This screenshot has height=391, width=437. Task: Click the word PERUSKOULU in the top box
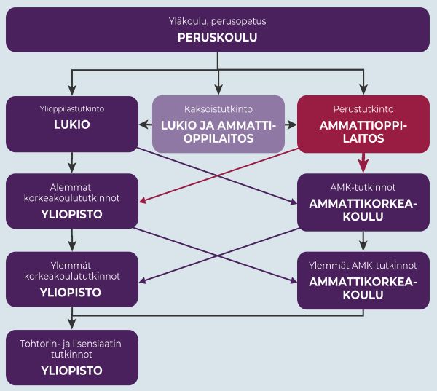[217, 37]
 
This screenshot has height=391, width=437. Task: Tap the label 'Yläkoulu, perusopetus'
[217, 21]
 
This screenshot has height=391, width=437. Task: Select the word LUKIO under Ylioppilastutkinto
[72, 125]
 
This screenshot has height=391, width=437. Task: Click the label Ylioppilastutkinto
[72, 108]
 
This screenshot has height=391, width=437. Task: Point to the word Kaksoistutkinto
[219, 109]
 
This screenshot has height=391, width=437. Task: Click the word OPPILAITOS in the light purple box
[219, 138]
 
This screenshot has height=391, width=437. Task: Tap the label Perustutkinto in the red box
[363, 109]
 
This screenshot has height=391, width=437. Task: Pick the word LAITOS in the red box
[363, 138]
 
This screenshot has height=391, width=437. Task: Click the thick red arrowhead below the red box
[363, 165]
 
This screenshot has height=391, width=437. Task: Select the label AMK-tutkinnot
[363, 187]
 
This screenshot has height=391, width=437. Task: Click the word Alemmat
[71, 187]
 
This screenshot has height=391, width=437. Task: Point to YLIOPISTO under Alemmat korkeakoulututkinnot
[71, 214]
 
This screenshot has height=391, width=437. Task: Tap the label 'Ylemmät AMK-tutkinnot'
[363, 265]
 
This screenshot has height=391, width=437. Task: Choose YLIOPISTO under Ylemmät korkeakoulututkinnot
[71, 293]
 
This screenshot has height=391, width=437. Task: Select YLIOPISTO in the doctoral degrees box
[71, 371]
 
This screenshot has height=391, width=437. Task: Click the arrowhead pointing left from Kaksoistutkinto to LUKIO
[145, 125]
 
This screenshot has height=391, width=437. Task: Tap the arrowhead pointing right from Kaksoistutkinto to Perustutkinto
[291, 125]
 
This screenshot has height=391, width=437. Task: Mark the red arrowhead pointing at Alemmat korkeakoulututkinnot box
[142, 200]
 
